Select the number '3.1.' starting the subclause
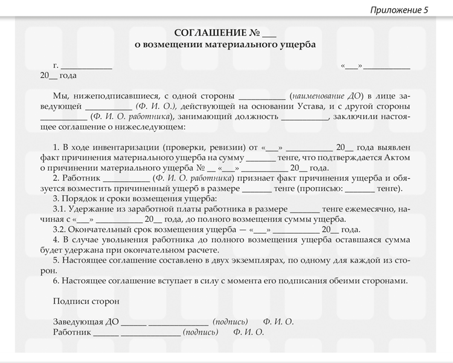click(x=60, y=209)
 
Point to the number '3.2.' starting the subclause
click(x=60, y=230)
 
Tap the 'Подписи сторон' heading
click(x=86, y=301)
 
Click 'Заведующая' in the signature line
click(x=74, y=322)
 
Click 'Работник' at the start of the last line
click(x=71, y=332)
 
